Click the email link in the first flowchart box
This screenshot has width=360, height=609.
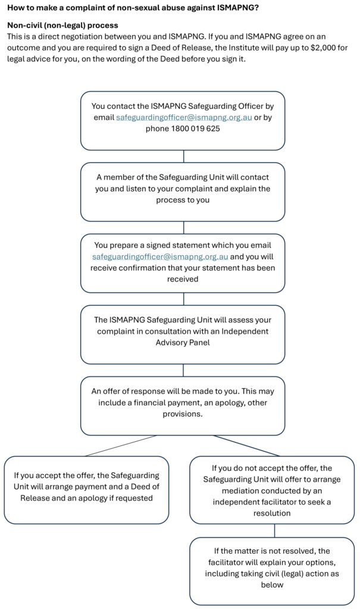180,118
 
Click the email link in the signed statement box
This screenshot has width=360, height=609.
160,257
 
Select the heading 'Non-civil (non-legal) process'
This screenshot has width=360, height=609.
62,26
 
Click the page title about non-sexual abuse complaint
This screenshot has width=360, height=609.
133,7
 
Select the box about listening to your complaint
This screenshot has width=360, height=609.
183,192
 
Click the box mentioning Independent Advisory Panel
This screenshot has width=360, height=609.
183,334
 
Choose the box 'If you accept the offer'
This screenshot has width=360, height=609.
86,489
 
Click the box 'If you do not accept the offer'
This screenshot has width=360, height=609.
272,489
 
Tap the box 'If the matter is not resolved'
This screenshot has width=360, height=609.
272,570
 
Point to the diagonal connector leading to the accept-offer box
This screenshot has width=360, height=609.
121,445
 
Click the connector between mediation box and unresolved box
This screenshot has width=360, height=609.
274,530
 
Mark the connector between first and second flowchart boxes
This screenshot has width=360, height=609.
183,156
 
